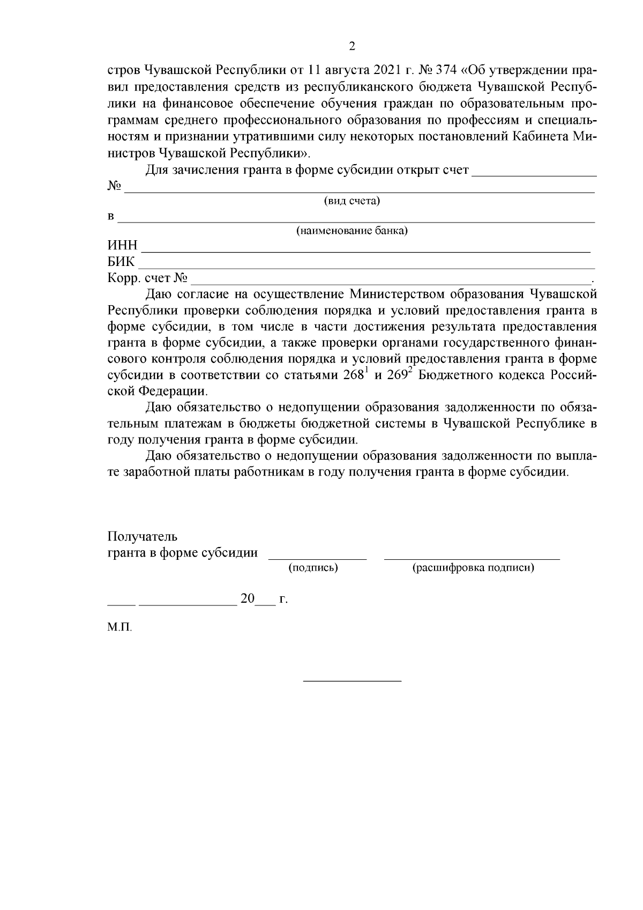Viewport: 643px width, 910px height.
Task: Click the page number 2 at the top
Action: coord(352,46)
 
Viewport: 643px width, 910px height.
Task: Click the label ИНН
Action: coord(123,246)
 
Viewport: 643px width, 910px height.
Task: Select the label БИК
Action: coord(122,262)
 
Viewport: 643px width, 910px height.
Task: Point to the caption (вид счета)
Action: coord(352,201)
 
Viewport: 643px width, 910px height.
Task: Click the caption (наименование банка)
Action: coord(352,231)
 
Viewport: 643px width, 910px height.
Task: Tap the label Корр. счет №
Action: coord(147,278)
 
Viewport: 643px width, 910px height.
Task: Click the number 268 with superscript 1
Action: coord(354,375)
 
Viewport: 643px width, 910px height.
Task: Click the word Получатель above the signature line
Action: coord(143,537)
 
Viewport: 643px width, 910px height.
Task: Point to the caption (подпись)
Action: coord(313,568)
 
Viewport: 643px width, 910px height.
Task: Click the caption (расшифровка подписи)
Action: coord(473,568)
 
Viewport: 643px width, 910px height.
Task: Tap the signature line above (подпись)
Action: coord(317,559)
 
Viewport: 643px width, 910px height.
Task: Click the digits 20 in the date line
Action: coord(248,598)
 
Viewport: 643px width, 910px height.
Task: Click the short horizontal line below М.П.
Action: coord(352,681)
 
